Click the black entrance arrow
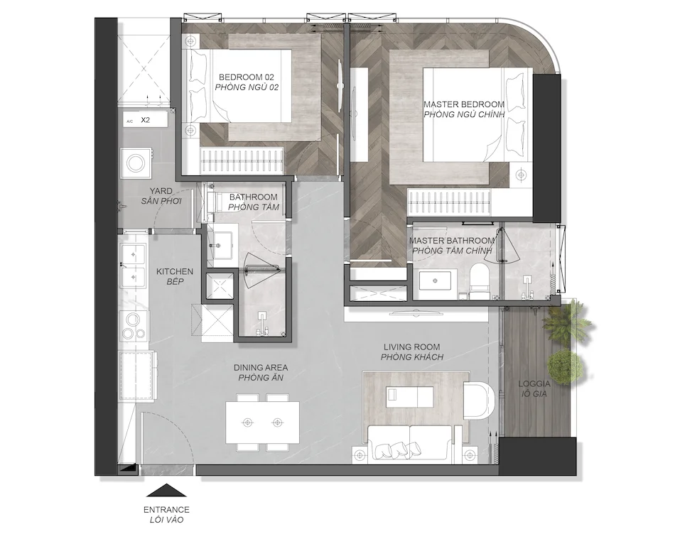[x=166, y=491]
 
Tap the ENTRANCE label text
[x=166, y=510]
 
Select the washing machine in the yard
[x=136, y=163]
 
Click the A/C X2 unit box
[x=145, y=120]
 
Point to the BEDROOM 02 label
[x=247, y=77]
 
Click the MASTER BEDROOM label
[x=464, y=104]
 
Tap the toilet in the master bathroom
[x=479, y=281]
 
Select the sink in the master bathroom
[x=436, y=280]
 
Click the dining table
[x=262, y=423]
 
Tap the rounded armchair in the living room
[x=480, y=399]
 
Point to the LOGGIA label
[x=534, y=384]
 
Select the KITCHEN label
[x=174, y=271]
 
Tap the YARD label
[x=161, y=190]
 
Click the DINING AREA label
[x=261, y=368]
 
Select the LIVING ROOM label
[x=411, y=347]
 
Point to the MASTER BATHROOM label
[x=452, y=241]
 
